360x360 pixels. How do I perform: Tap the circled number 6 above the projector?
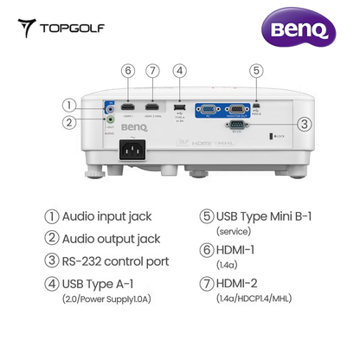point(128,70)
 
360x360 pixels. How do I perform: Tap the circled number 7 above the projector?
point(153,70)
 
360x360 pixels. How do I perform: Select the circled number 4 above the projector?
point(179,70)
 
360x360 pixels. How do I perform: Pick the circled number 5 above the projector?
point(255,70)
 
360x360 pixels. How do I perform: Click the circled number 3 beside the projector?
point(304,124)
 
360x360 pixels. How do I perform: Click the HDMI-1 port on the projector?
point(128,106)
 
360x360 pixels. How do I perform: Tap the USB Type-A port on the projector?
point(179,107)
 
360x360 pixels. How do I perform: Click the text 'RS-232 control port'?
point(125,261)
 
